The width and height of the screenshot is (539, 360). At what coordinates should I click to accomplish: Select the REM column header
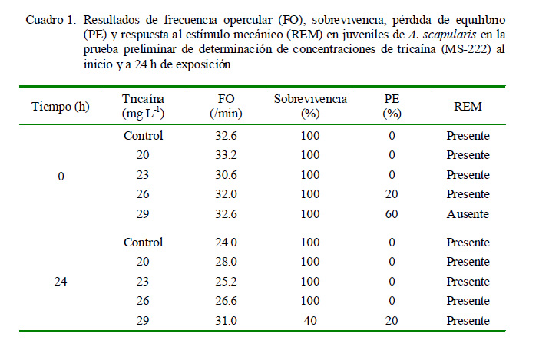click(468, 107)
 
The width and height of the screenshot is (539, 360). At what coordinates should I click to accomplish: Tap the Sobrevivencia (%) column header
click(310, 106)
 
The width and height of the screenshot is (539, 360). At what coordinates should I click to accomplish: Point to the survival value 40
click(310, 319)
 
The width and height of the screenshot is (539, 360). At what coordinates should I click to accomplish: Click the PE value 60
click(392, 213)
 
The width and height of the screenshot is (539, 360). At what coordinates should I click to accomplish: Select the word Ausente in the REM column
click(468, 213)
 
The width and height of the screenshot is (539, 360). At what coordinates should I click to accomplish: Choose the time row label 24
click(61, 281)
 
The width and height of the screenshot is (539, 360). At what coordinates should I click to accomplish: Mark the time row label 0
click(61, 176)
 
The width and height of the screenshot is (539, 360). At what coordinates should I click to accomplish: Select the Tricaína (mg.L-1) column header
click(144, 106)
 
